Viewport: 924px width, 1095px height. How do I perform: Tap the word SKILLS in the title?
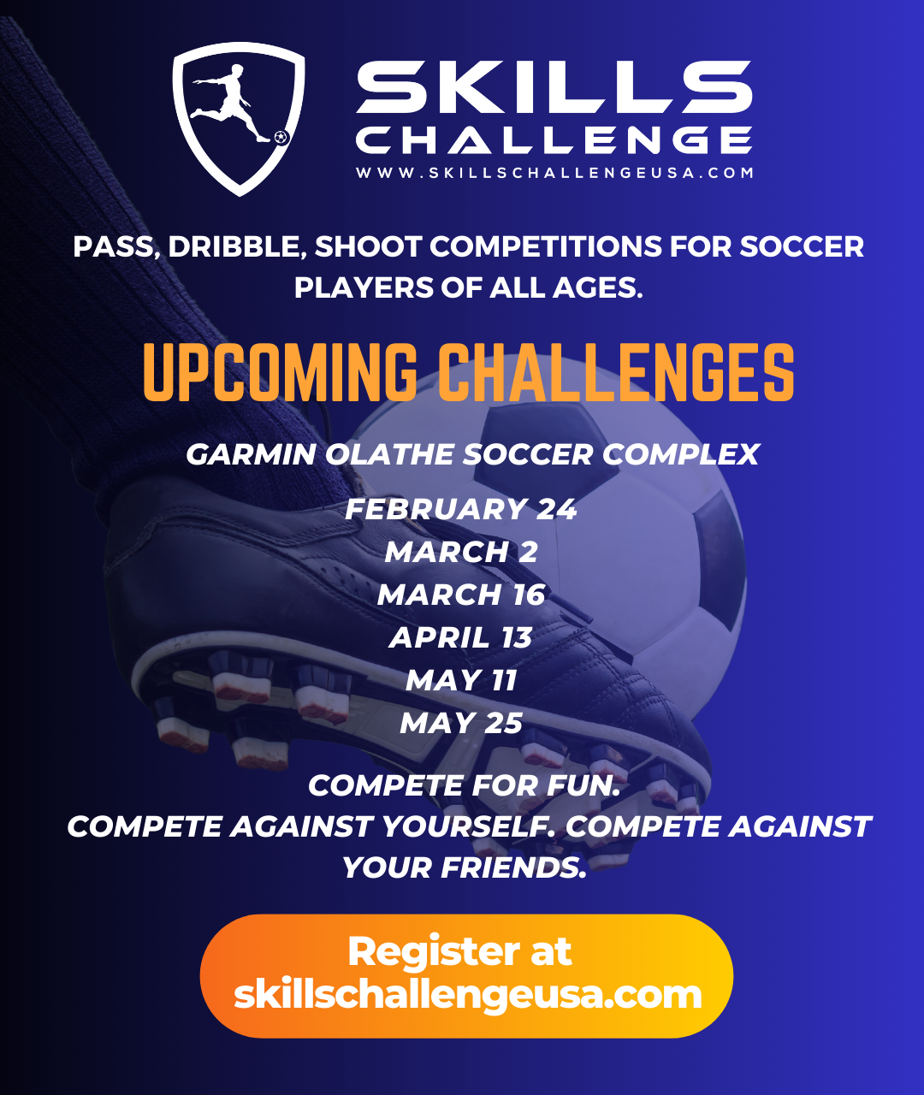coord(554,88)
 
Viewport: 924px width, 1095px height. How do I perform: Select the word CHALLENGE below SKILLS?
coord(554,139)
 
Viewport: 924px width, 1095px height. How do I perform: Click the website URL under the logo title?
coord(554,172)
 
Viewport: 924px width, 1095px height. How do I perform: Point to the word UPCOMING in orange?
coord(281,372)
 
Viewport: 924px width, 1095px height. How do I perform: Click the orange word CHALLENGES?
coord(616,372)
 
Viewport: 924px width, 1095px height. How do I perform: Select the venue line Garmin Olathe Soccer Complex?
coord(472,454)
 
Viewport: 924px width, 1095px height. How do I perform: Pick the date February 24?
coord(461,509)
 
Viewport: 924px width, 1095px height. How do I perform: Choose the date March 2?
coord(461,552)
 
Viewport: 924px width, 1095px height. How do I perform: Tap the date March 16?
coord(461,595)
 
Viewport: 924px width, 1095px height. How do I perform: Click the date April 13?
coord(461,637)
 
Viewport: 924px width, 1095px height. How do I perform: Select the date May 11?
coord(461,680)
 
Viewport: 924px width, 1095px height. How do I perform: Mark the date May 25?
coord(461,723)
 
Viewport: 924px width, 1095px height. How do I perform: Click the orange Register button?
coord(466,975)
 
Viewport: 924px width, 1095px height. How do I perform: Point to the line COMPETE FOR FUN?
coord(464,785)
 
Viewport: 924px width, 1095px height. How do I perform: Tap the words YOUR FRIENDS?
coord(464,867)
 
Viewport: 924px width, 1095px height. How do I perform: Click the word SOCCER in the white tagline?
coord(802,246)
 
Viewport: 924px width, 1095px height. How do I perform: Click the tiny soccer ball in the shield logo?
coord(281,137)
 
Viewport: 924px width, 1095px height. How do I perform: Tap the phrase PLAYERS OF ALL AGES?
coord(468,288)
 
